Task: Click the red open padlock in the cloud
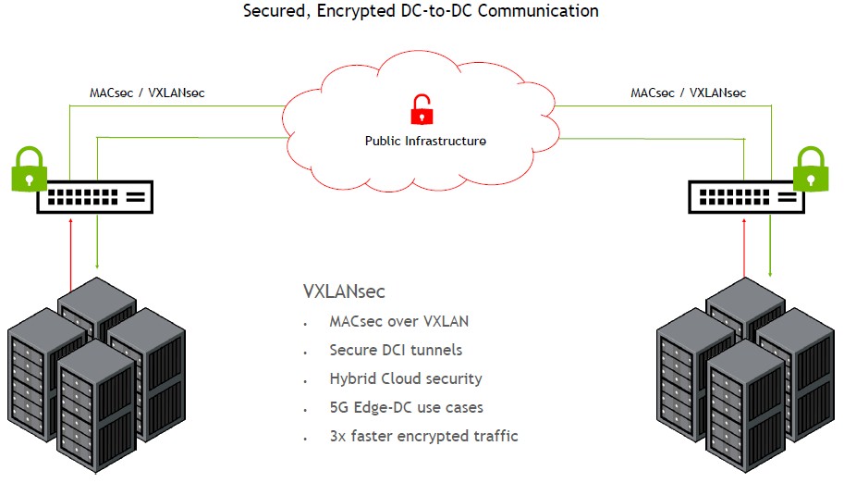[x=422, y=109]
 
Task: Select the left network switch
[x=95, y=196]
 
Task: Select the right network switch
[x=744, y=196]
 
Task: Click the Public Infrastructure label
[x=425, y=142]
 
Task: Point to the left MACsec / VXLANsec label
[x=147, y=93]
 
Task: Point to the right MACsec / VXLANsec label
[x=689, y=93]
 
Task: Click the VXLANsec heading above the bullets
[x=344, y=291]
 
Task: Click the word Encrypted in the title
[x=357, y=12]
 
